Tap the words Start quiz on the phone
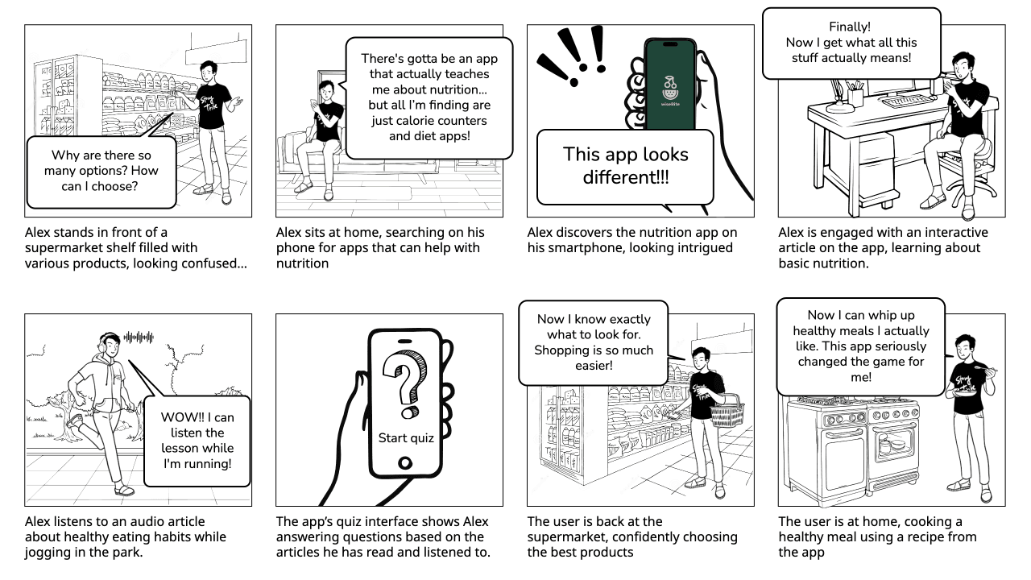(x=406, y=438)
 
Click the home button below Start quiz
(x=405, y=463)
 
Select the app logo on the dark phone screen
(x=669, y=88)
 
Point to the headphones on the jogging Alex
(x=106, y=341)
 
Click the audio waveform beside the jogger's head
(x=138, y=337)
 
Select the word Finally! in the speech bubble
(x=850, y=27)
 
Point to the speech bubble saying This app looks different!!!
(x=625, y=165)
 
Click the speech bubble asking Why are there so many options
(x=101, y=171)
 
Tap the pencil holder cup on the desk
(x=855, y=97)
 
